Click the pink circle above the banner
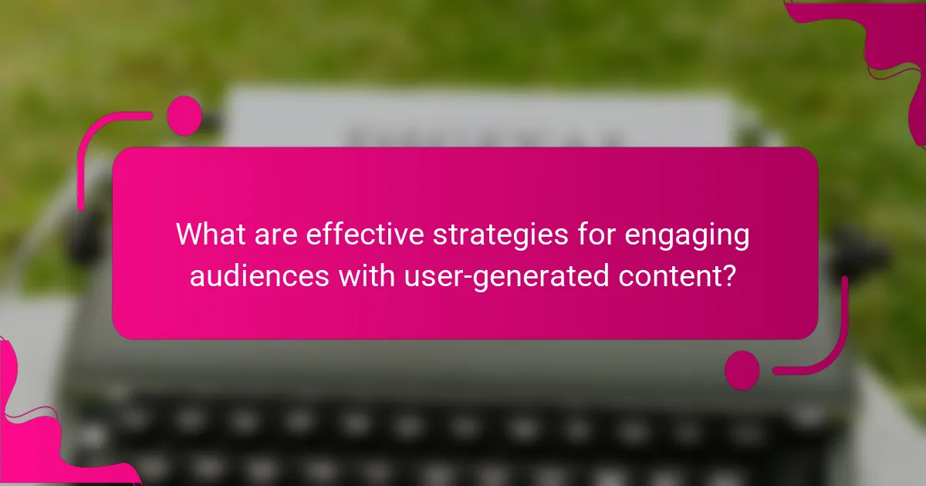click(184, 116)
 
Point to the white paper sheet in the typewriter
click(478, 120)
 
